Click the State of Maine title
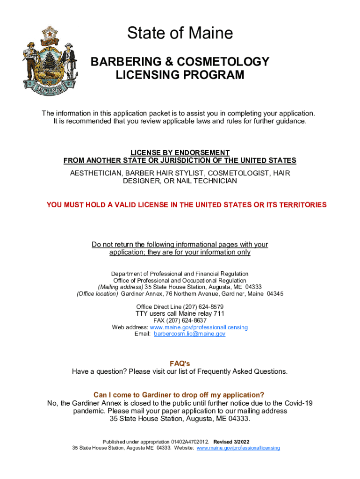pos(180,33)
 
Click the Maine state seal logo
pos(48,61)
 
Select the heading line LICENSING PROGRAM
pos(180,75)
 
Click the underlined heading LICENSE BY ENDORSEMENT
pos(180,153)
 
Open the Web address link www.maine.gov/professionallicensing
pos(199,327)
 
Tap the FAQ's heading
pos(180,363)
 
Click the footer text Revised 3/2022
pos(231,442)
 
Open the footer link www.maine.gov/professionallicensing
pos(238,448)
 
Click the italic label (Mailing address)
pos(120,287)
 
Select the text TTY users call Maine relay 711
pos(180,313)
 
